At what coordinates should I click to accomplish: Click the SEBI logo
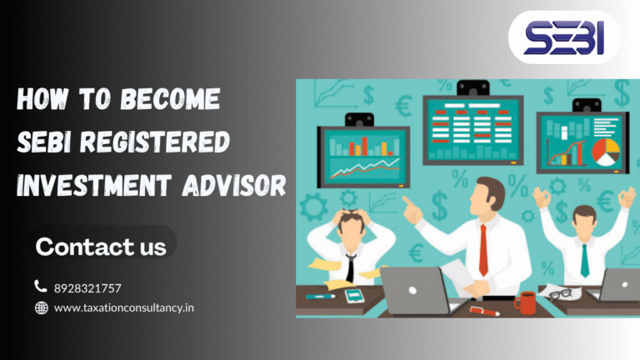point(563,37)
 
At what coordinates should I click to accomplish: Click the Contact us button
point(101,247)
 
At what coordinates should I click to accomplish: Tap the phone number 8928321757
point(87,288)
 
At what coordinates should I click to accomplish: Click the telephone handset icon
point(41,287)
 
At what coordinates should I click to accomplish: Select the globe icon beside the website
point(41,308)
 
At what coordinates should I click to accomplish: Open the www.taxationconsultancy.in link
point(124,308)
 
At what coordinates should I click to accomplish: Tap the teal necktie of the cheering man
point(584,259)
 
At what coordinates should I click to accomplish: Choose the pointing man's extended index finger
point(406,200)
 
